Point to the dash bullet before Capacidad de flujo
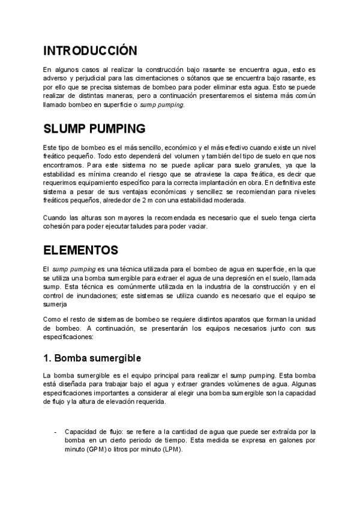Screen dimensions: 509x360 tap(56, 432)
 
